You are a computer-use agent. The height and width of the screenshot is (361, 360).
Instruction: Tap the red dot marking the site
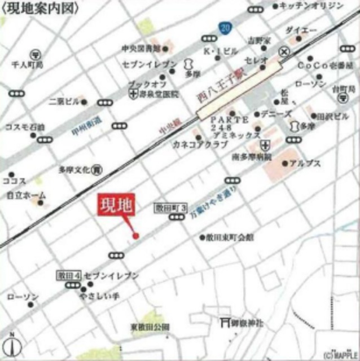[135, 235]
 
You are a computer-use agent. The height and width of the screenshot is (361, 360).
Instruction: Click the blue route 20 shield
[226, 27]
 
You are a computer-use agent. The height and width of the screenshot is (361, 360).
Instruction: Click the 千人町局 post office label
[27, 65]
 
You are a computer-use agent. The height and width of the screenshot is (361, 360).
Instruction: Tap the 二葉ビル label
[64, 103]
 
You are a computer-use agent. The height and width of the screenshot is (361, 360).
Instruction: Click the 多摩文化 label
[74, 169]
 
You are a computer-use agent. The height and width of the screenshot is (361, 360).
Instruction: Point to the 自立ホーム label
[27, 195]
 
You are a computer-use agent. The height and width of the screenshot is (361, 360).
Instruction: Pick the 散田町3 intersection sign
[170, 208]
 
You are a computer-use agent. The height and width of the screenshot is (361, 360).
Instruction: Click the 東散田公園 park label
[150, 327]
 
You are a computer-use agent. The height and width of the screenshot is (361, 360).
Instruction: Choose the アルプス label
[305, 164]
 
